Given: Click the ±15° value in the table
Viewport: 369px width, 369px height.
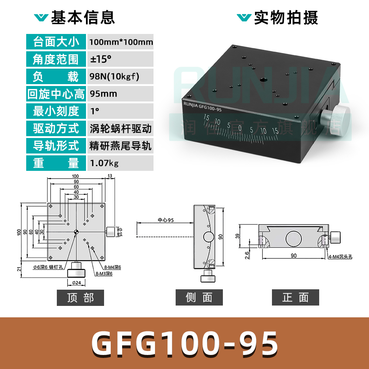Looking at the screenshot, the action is [x=101, y=59].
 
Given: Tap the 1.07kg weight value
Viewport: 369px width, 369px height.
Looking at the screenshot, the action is [x=104, y=163].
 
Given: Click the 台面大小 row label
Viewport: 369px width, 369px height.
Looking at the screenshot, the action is [x=56, y=42].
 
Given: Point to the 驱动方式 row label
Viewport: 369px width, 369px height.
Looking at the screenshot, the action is [x=56, y=128].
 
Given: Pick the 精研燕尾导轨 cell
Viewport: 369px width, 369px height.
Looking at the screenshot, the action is [x=120, y=146].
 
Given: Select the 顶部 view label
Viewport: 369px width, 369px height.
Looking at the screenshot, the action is [x=80, y=297].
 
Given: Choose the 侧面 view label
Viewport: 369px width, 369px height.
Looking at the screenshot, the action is [x=199, y=297].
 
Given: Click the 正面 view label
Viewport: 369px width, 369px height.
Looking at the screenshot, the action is [x=295, y=297].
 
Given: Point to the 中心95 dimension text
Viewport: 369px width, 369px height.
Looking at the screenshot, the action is [x=166, y=220].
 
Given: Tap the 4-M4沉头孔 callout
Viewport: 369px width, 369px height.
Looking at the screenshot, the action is [x=340, y=257].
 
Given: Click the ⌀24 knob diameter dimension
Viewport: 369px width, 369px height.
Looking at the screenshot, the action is [x=76, y=283].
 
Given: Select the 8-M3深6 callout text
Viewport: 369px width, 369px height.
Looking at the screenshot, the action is [x=104, y=273].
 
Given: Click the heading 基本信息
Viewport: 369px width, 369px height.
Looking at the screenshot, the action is [x=83, y=17].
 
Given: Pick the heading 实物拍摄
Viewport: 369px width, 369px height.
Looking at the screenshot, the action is [x=286, y=17].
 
